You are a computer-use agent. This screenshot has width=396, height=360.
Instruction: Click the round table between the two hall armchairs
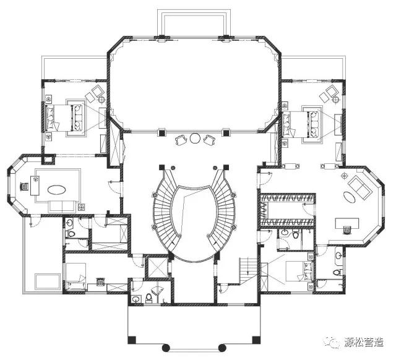[x=195, y=138]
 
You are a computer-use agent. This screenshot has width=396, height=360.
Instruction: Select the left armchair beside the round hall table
[x=181, y=140]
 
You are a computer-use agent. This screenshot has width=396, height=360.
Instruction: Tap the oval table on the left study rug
[x=57, y=190]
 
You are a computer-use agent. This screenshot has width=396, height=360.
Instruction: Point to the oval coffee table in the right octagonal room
[x=349, y=197]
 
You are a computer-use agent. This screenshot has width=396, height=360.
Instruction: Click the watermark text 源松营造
[x=364, y=342]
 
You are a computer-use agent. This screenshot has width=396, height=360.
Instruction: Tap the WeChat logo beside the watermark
[x=332, y=342]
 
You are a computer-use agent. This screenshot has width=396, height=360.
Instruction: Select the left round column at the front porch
[x=165, y=348]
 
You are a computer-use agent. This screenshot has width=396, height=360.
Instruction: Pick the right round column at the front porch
[x=222, y=348]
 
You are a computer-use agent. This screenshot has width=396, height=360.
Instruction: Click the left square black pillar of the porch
[x=132, y=340]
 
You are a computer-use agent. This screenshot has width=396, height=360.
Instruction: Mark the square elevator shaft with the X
[x=158, y=267]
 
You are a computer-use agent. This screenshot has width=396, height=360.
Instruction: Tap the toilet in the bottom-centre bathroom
[x=148, y=298]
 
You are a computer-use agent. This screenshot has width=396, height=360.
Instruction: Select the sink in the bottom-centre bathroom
[x=136, y=299]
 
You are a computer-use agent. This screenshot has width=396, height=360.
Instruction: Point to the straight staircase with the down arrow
[x=248, y=270]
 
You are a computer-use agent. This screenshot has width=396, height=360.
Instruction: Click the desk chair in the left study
[x=25, y=187]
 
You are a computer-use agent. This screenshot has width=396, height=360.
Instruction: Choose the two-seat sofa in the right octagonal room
[x=359, y=187]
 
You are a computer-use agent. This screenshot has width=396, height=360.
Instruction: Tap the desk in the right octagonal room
[x=347, y=223]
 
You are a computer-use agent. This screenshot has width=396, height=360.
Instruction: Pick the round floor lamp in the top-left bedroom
[x=101, y=100]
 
